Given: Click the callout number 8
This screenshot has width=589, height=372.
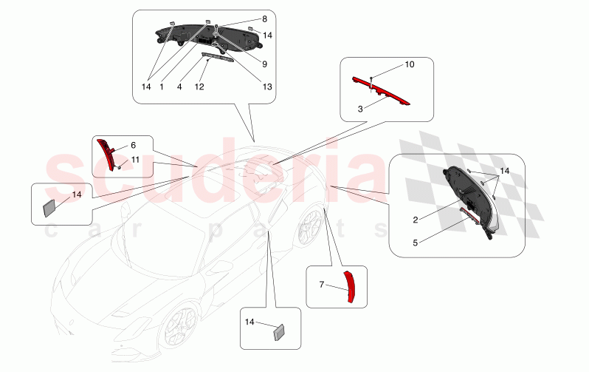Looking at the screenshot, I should (264, 18).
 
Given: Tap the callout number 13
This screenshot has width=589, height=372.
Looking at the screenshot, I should (266, 87).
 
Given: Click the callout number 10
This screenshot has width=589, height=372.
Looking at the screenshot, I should (410, 66).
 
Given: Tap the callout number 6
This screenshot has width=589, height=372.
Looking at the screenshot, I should (134, 146).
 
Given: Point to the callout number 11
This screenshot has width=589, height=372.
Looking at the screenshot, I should (135, 160).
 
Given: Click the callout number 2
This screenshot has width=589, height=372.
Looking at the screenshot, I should (416, 219).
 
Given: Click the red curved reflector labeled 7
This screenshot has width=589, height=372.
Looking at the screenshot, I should (352, 286).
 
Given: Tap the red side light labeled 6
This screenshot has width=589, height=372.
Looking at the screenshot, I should (107, 153).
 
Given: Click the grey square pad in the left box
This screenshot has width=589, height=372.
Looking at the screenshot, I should (50, 207).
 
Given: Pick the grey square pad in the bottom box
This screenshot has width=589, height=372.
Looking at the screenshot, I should (280, 331).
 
